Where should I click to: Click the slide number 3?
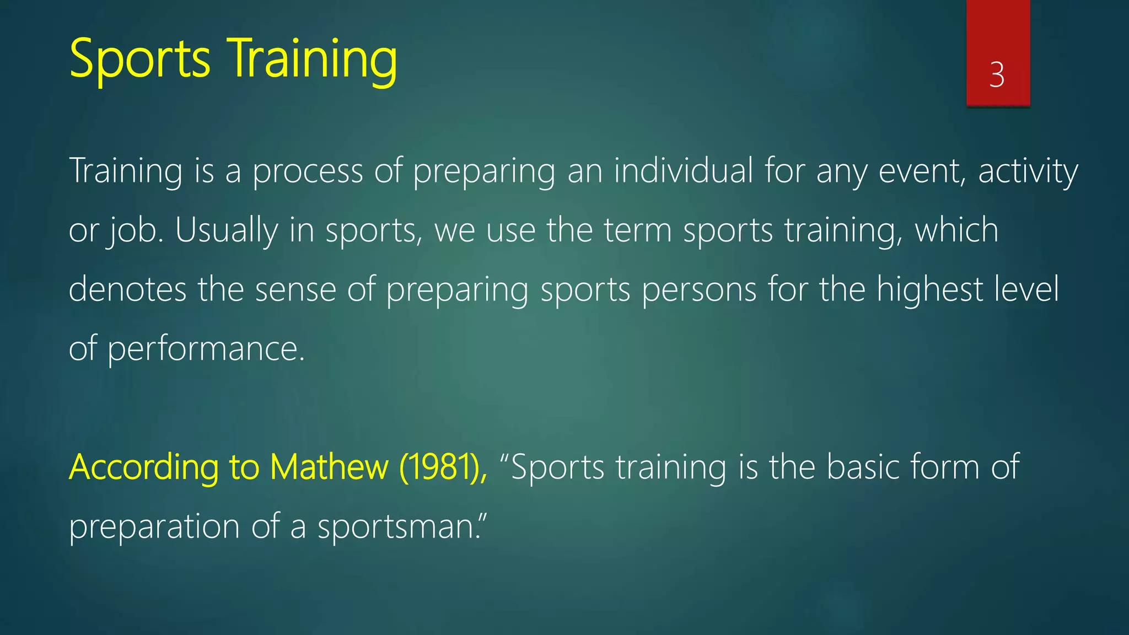[997, 75]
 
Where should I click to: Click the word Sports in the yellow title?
[139, 58]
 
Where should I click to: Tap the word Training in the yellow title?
[312, 58]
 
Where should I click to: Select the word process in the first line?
[308, 171]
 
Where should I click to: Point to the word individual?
[683, 170]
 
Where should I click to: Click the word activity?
[1028, 171]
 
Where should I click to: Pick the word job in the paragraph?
[134, 230]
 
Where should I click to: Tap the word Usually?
[227, 230]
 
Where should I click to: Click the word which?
[956, 230]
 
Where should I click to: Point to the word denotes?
[127, 289]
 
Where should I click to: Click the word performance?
[206, 349]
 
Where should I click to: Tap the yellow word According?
[143, 467]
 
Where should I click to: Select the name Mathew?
[329, 467]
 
